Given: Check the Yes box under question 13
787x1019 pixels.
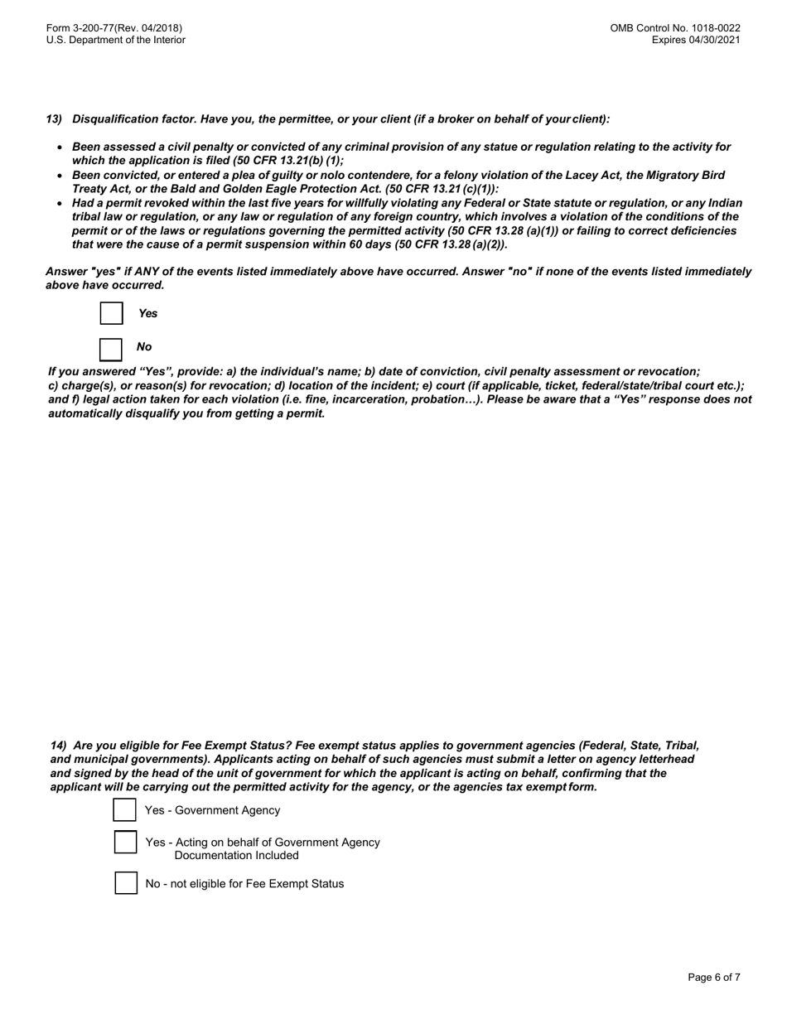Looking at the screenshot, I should point(111,313).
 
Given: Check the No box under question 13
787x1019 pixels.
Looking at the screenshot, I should point(111,349).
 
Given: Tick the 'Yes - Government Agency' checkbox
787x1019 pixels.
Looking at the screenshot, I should point(124,810).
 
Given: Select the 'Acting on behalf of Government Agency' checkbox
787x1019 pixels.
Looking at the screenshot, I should point(125,843).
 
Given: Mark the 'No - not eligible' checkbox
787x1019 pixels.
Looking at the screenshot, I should point(126,883).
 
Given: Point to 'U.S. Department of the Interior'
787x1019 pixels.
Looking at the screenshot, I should point(116,40).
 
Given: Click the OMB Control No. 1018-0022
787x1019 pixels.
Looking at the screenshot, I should point(675,28).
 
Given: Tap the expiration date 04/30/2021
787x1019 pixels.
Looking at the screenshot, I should point(714,40).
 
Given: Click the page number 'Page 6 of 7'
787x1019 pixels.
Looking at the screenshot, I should point(714,978).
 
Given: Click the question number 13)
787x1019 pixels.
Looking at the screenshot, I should point(54,119).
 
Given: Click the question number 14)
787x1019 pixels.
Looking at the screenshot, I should point(59,746).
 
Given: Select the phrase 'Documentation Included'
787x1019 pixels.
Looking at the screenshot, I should point(236,855).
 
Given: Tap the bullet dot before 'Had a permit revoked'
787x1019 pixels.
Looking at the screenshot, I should point(60,204).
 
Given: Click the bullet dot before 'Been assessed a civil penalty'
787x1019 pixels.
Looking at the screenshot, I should point(60,147).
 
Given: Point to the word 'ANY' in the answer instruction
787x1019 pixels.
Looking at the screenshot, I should point(155,272).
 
